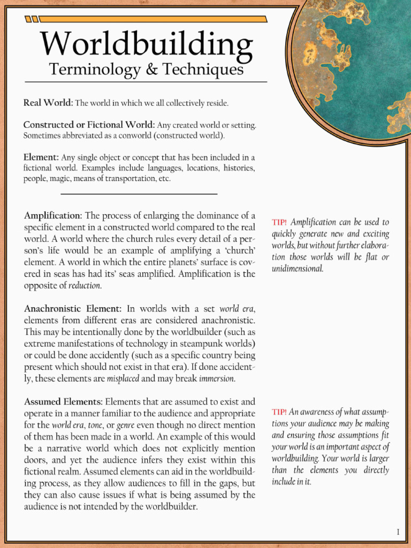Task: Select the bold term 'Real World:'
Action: coord(48,102)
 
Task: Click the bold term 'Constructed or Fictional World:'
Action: coord(89,125)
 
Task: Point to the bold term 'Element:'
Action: coord(41,157)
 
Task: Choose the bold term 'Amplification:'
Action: coord(53,216)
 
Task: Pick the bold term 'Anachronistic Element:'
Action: coord(73,309)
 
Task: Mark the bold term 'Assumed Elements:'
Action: coord(63,401)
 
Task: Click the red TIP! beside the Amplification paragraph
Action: coord(279,222)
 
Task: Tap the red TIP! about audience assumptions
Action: coord(279,412)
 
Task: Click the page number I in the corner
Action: coord(398,531)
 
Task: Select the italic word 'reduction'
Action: coord(85,286)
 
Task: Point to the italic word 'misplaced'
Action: coord(123,379)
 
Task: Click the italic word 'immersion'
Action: coord(217,379)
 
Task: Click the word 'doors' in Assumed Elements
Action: coord(36,460)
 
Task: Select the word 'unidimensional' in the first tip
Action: coord(298,269)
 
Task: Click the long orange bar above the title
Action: coord(154,19)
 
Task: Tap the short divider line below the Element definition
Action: coord(139,194)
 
